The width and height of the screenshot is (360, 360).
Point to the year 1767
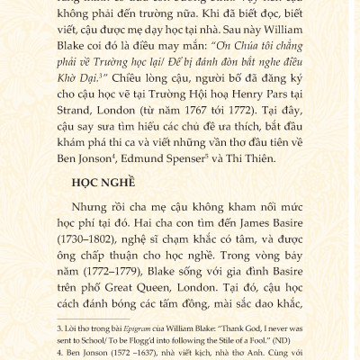(x=208, y=113)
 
